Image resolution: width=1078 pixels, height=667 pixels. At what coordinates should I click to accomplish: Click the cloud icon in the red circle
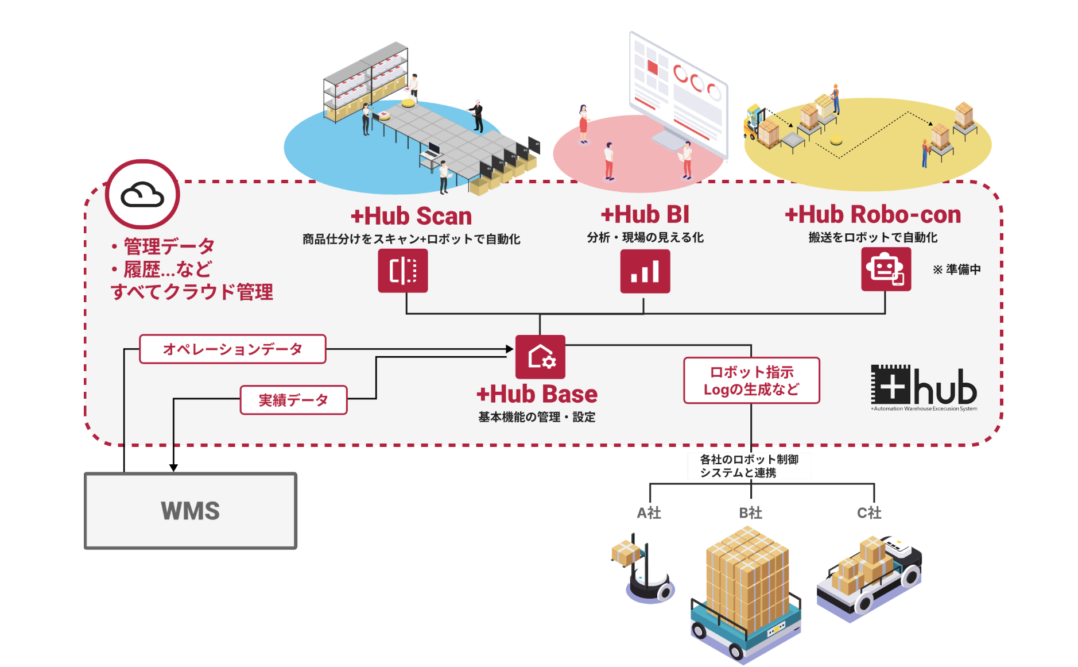coord(142,195)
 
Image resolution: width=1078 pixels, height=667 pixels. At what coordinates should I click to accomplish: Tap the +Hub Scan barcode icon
coord(402,271)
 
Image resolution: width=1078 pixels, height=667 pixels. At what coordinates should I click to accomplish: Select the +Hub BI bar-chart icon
coord(645,271)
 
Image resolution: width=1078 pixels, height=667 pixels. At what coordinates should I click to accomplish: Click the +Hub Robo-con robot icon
coord(886,269)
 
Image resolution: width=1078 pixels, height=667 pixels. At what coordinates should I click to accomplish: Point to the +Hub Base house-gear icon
coord(540,357)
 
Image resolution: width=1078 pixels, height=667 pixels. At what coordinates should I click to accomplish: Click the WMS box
coord(191,511)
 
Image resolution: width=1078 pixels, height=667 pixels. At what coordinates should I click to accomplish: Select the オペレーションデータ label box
coord(232,349)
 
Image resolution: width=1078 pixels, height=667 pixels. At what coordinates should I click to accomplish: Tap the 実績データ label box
coord(293,400)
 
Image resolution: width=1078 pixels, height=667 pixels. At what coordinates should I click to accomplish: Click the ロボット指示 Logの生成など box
coord(751,380)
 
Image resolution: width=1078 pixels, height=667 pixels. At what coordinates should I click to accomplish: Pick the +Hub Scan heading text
coord(411,216)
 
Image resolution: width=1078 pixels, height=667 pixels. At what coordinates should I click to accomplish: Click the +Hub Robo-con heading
coord(873,214)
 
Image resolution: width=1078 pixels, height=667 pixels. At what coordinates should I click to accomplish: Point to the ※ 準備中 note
coord(956,269)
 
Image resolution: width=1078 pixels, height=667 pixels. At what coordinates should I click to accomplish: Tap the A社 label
coord(649,512)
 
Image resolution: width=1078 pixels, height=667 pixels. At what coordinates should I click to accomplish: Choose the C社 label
coord(869,512)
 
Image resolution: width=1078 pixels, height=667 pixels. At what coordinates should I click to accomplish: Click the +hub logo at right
coord(923,387)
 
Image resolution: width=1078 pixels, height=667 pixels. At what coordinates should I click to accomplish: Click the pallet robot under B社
coord(746,597)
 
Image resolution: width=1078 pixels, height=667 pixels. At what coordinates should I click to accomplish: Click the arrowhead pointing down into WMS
coord(173,468)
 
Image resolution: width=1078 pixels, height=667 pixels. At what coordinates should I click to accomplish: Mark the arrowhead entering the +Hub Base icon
coord(510,349)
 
